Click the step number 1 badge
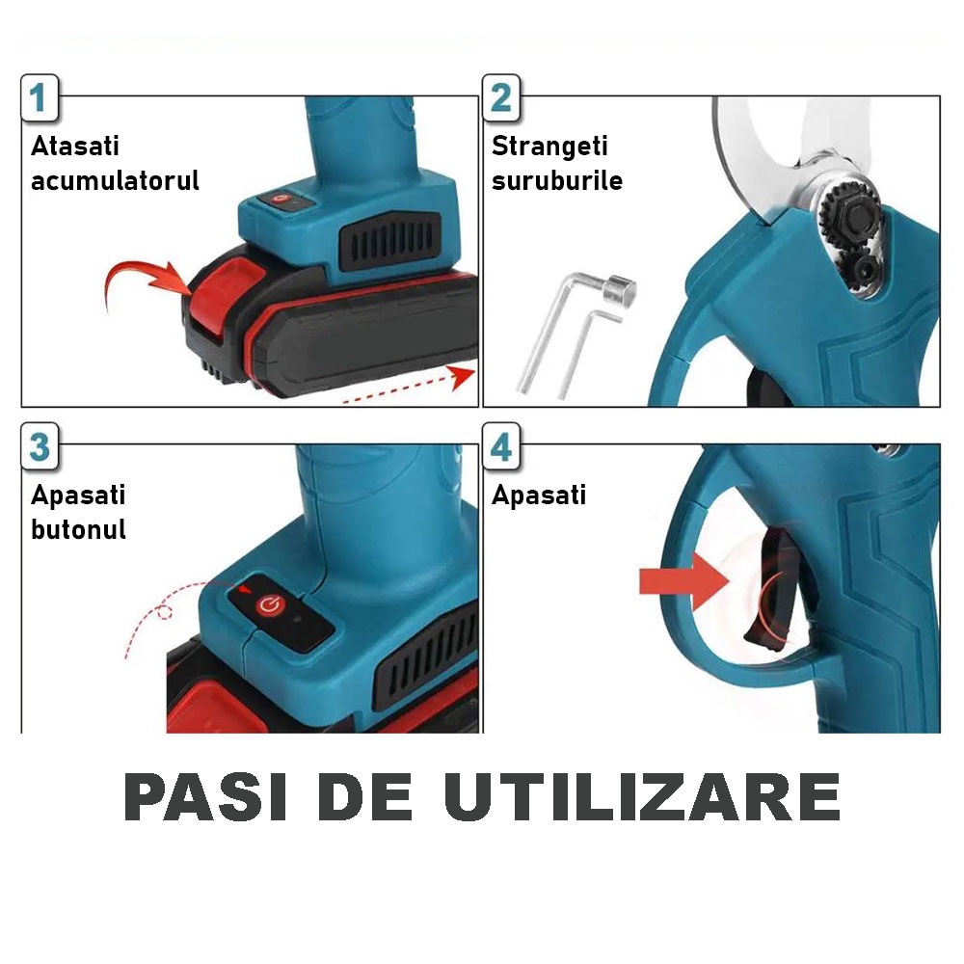click(x=40, y=97)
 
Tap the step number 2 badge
click(x=501, y=97)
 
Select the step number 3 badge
click(x=40, y=447)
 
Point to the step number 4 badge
click(x=501, y=447)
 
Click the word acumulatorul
click(x=115, y=181)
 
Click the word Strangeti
click(x=549, y=147)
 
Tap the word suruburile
click(x=557, y=181)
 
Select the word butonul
click(x=79, y=529)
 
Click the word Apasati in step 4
click(x=539, y=495)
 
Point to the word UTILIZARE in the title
click(x=642, y=797)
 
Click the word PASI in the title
click(x=205, y=797)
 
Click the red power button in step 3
click(x=269, y=605)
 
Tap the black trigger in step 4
click(x=776, y=590)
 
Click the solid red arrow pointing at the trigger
click(x=683, y=581)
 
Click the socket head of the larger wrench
click(x=620, y=290)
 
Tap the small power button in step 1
click(x=281, y=200)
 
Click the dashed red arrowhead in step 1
click(x=463, y=376)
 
